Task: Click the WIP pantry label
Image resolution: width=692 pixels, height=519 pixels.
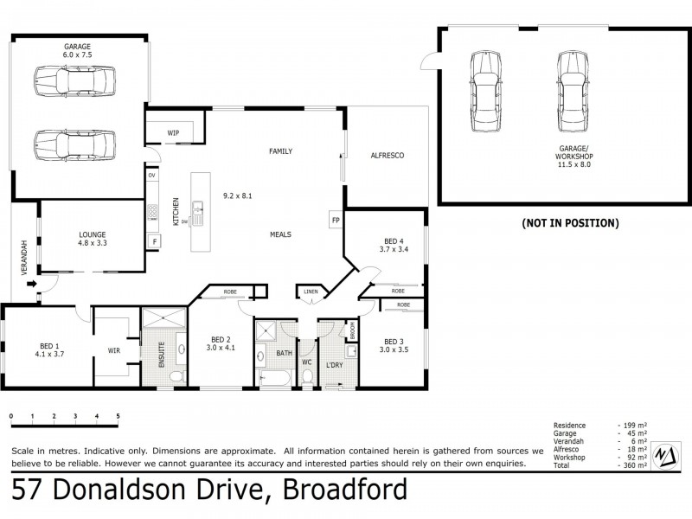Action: [173, 133]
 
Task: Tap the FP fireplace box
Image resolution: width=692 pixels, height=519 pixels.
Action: [335, 220]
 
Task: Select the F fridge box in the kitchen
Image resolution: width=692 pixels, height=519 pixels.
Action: [154, 241]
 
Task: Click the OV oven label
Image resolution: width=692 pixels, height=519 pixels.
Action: [151, 176]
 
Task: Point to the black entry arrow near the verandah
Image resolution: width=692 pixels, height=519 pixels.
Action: [32, 283]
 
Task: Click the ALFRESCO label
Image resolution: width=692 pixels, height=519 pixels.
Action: [387, 156]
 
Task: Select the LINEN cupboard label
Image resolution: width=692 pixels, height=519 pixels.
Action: [311, 292]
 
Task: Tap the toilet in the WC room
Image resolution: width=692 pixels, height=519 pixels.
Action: [306, 376]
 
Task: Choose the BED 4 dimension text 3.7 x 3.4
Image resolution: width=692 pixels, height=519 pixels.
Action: [393, 250]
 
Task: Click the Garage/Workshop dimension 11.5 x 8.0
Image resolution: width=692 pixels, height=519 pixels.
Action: [573, 164]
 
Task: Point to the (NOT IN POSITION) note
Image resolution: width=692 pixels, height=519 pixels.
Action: [569, 223]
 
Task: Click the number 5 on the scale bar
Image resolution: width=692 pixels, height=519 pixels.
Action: [118, 417]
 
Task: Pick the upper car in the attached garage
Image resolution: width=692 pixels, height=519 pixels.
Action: [74, 82]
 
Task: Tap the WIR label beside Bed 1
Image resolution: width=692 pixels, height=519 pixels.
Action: [113, 351]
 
